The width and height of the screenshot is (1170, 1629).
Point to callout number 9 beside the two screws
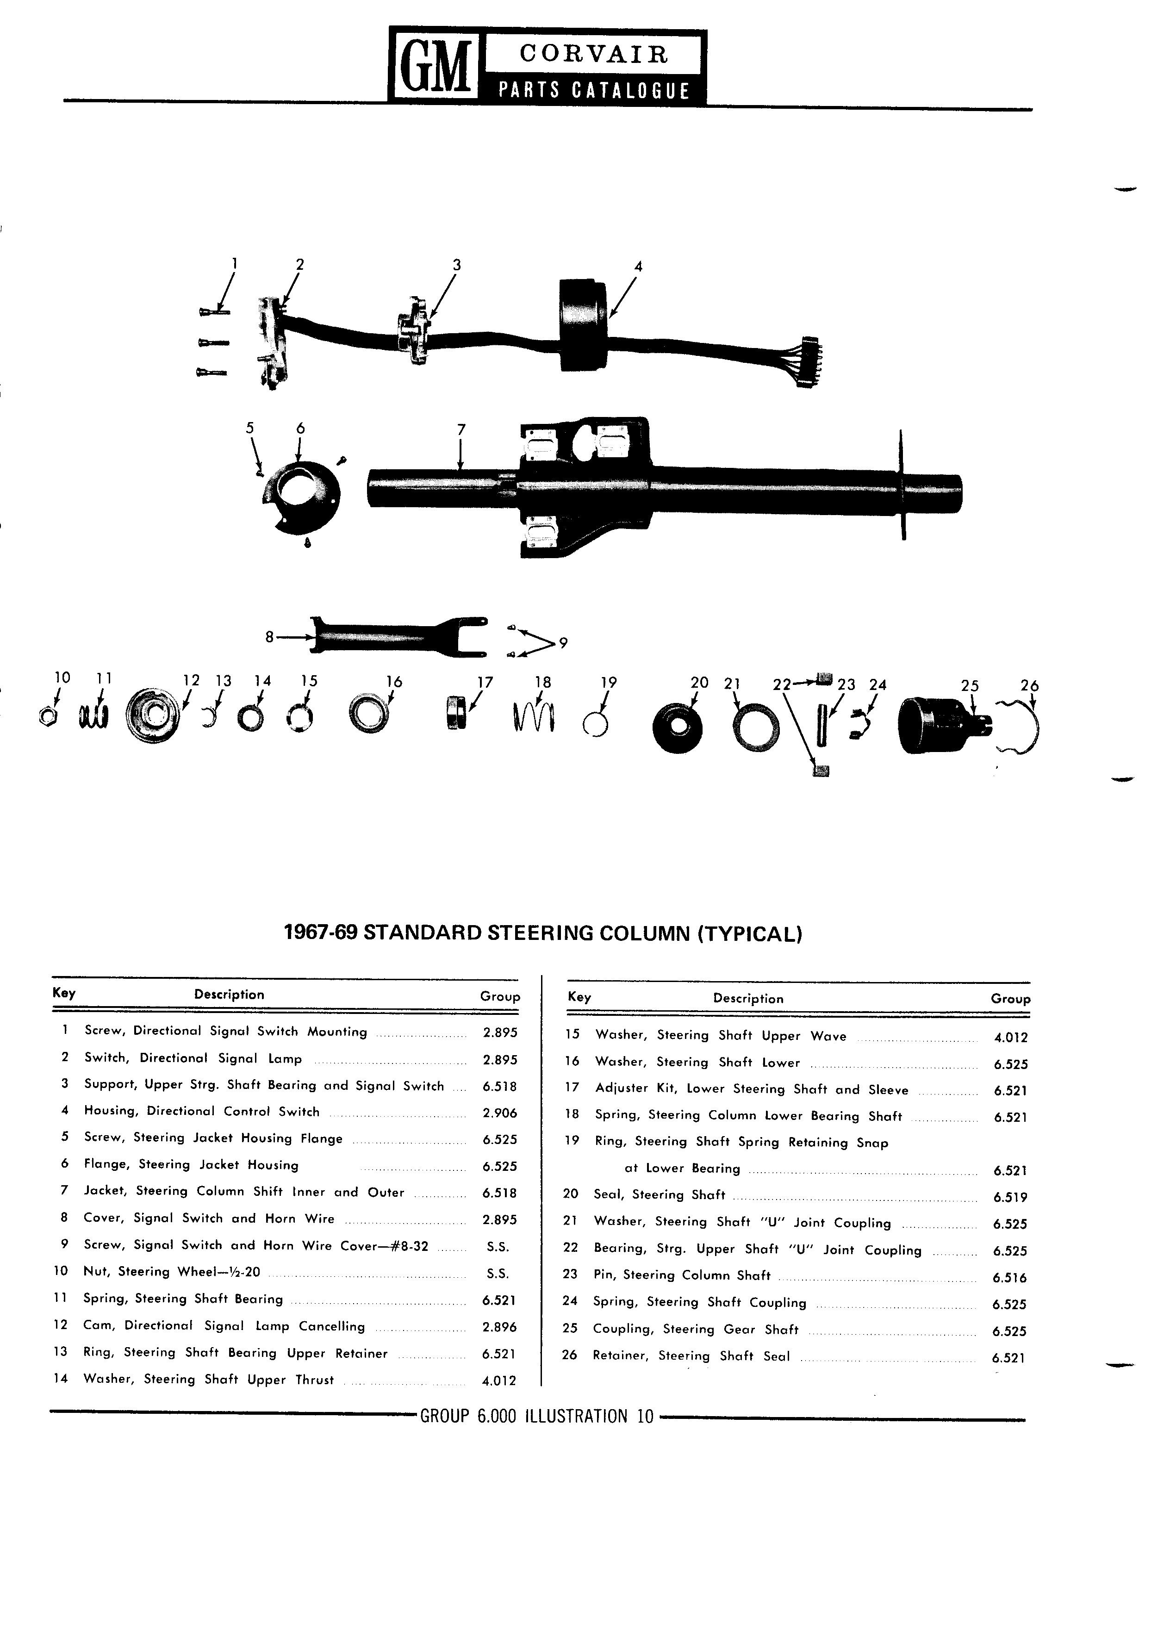pos(563,643)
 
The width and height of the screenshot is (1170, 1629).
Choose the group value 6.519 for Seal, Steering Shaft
pos(1010,1197)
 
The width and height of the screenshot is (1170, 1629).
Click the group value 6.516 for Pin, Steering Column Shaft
pos(1010,1278)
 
